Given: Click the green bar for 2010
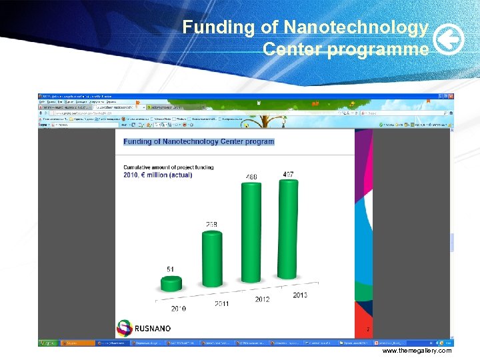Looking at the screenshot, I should (171, 284).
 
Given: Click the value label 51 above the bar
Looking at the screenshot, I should (171, 269).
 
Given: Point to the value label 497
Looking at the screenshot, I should (288, 175).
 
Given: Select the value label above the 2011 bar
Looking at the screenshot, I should (211, 225).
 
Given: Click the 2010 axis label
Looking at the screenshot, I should (178, 309).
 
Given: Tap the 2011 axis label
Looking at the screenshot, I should (222, 304).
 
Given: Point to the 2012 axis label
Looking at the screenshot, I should (262, 299).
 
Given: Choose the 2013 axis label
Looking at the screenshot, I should (299, 295).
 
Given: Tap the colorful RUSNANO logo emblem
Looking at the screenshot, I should (125, 328).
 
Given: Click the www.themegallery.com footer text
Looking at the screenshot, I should (417, 351).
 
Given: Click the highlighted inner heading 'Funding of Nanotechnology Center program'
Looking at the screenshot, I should (199, 141).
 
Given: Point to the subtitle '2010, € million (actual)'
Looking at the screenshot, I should (157, 175).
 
